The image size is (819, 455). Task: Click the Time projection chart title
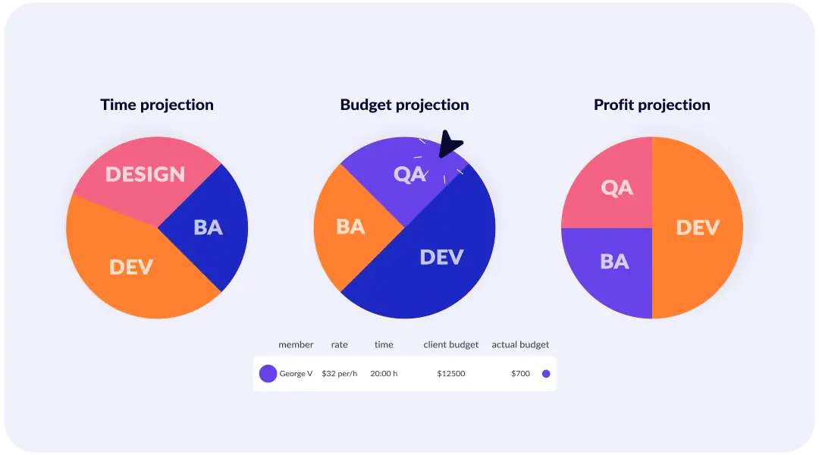pyautogui.click(x=157, y=105)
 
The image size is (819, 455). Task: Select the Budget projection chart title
pyautogui.click(x=404, y=105)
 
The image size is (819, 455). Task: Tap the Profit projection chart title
pyautogui.click(x=652, y=105)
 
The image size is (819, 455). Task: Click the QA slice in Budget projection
pyautogui.click(x=402, y=178)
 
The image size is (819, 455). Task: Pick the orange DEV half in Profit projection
pyautogui.click(x=698, y=227)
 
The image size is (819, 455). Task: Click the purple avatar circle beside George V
pyautogui.click(x=268, y=374)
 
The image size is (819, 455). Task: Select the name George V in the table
pyautogui.click(x=296, y=374)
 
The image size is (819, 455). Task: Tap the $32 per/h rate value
pyautogui.click(x=339, y=374)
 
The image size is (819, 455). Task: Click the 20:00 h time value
pyautogui.click(x=384, y=374)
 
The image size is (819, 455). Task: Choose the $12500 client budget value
pyautogui.click(x=451, y=374)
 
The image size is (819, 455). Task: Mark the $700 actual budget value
pyautogui.click(x=520, y=374)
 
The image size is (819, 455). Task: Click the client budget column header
pyautogui.click(x=451, y=344)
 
